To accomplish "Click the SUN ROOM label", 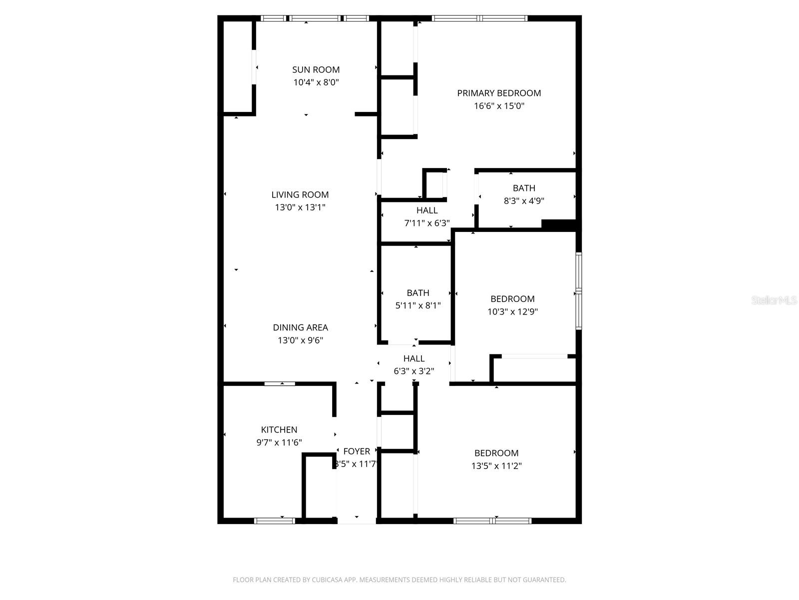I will click(316, 69).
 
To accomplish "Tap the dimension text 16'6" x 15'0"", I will click(499, 106).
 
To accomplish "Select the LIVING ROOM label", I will click(300, 194).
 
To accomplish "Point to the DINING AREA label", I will click(300, 327).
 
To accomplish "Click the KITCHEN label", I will click(279, 429).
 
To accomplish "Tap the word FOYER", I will click(357, 451).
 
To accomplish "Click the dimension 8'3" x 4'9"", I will click(523, 201).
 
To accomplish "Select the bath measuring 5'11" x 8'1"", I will click(417, 299).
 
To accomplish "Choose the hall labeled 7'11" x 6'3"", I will click(427, 216).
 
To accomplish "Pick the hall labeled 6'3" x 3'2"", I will click(413, 364).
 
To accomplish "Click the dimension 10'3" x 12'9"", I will click(512, 311).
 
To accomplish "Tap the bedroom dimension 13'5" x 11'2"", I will click(496, 466).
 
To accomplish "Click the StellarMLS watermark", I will click(774, 300).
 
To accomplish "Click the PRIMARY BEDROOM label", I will click(499, 93).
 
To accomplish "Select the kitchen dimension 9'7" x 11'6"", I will click(279, 442).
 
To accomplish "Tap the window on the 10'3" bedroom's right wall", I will click(578, 291).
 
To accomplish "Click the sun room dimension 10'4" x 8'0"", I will click(316, 82).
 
